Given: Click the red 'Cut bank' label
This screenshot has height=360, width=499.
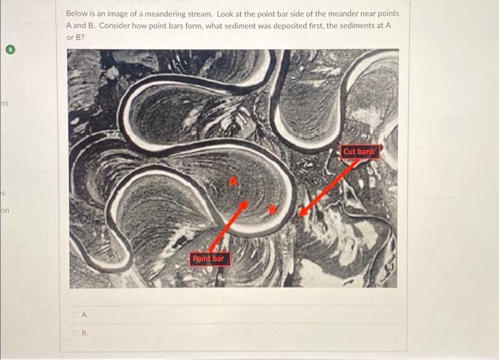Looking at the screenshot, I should click(x=359, y=151).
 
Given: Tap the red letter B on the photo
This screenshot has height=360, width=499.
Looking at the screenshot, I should click(x=272, y=209).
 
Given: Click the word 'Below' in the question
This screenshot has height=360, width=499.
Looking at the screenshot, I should click(x=76, y=14).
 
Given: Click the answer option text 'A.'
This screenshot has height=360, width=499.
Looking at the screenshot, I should click(x=86, y=314).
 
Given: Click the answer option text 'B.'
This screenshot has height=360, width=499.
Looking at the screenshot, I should click(x=86, y=331).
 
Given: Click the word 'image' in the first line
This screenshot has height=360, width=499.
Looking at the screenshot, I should click(x=118, y=14).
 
